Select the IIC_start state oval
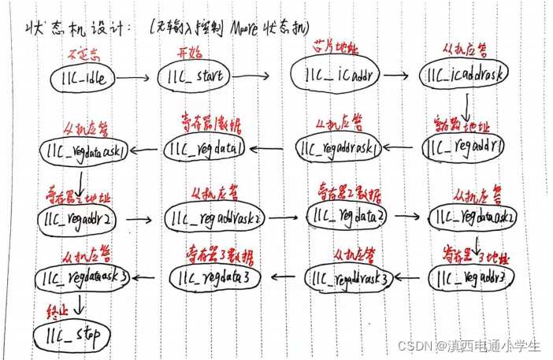tap(195, 77)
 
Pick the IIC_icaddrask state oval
tap(466, 75)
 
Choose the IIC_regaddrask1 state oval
tap(340, 147)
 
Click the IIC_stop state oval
tap(72, 335)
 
